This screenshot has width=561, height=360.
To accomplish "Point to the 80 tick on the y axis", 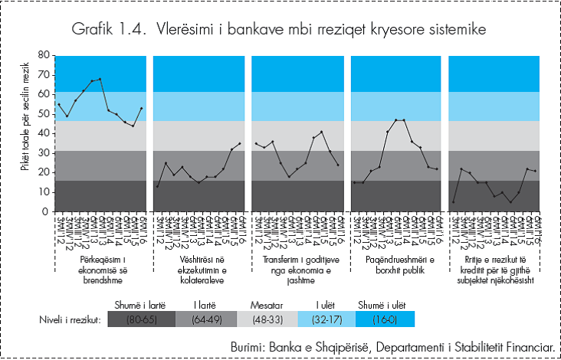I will (43, 56).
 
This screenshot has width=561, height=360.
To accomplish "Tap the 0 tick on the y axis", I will (46, 212).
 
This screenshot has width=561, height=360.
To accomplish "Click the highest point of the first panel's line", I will (100, 79).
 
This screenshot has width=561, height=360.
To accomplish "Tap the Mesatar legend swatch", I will (263, 318).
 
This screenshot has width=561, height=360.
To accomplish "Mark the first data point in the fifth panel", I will (453, 202).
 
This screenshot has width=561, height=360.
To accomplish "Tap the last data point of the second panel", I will (240, 143).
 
